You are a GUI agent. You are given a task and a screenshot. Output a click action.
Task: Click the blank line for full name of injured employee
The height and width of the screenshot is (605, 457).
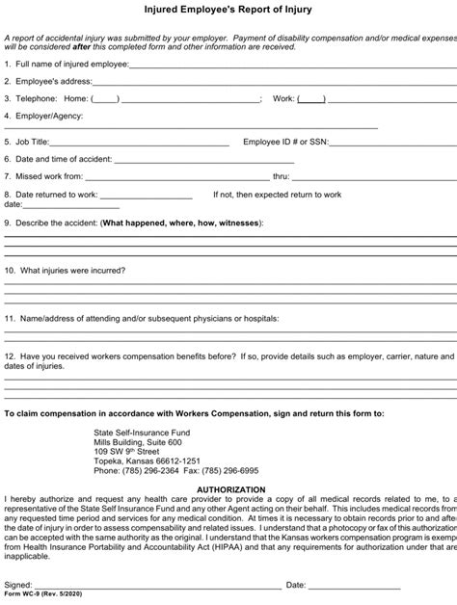(289, 66)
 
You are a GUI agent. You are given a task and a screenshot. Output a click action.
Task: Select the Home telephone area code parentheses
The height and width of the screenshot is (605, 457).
(105, 98)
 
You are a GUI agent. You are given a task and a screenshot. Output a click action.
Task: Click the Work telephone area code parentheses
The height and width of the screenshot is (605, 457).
(310, 98)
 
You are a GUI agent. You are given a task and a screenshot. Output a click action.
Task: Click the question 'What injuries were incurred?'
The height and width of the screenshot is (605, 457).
(70, 271)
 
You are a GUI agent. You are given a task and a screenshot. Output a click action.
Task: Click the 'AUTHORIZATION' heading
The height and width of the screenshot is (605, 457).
(228, 488)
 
